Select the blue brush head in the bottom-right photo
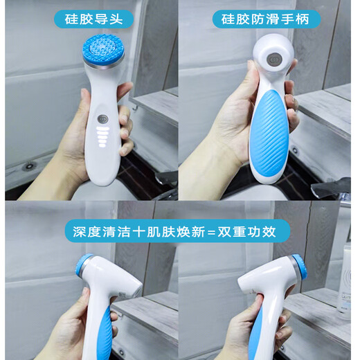[x=303, y=273]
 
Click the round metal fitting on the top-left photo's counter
[x=29, y=166]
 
